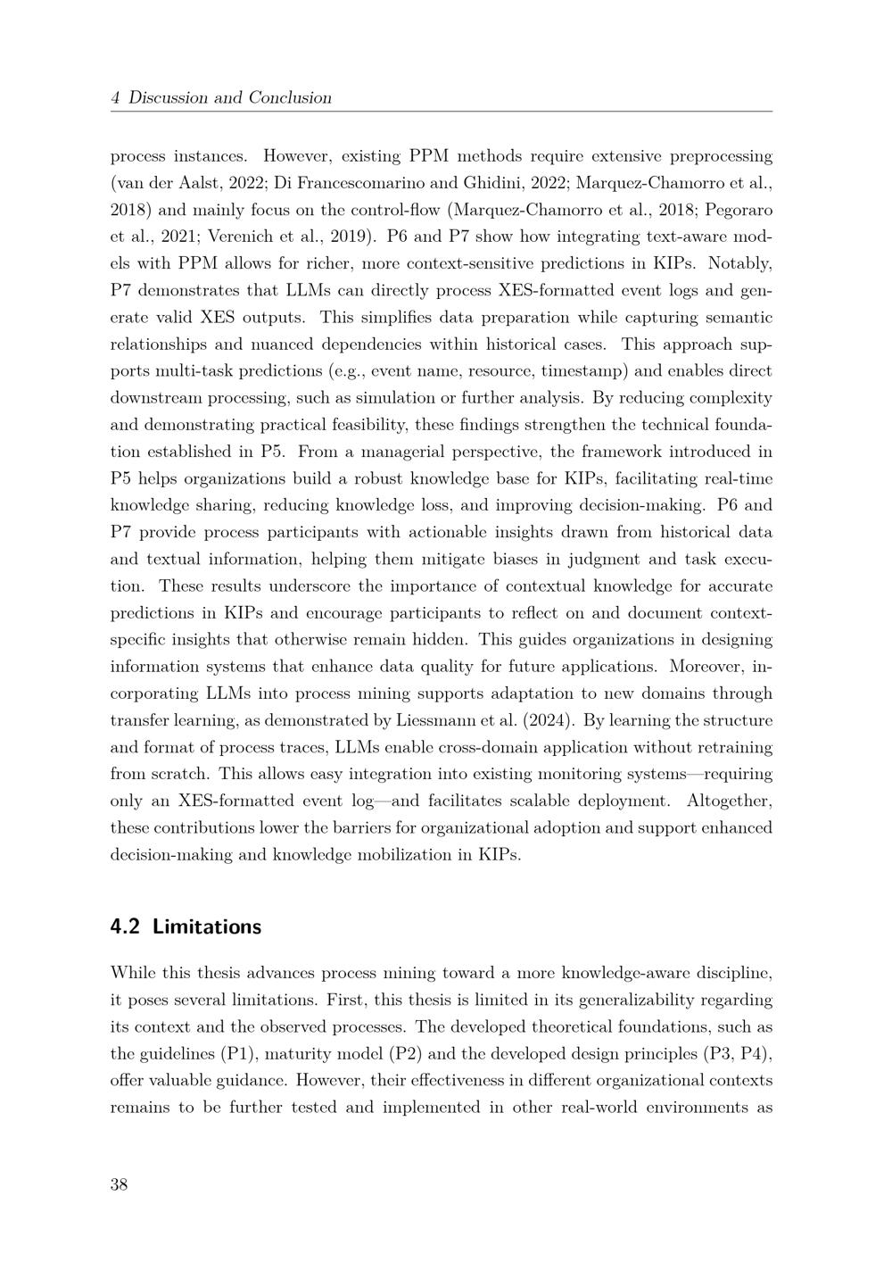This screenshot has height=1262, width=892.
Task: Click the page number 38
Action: (x=120, y=1184)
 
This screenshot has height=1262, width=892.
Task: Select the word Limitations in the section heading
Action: (x=207, y=926)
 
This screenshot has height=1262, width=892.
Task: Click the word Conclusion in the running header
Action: (x=290, y=98)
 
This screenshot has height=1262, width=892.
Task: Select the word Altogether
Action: (x=728, y=801)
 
